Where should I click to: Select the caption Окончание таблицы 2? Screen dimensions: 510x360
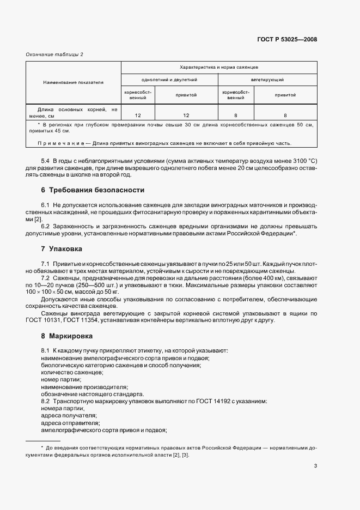[x=55, y=54]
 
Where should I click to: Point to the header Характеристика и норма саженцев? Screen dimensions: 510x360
[x=218, y=67]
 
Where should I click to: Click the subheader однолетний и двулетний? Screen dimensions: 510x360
[x=169, y=80]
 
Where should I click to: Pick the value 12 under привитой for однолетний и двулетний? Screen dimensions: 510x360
[x=186, y=116]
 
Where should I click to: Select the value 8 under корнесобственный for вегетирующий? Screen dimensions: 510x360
[x=236, y=116]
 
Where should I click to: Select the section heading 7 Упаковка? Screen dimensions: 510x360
[x=62, y=248]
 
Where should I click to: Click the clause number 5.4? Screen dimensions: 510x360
[x=46, y=161]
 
